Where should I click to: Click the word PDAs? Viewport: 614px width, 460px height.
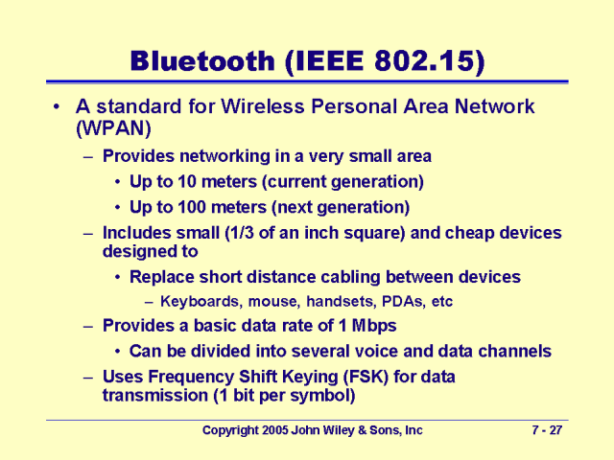(x=402, y=301)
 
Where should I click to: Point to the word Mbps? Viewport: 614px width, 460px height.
(x=375, y=325)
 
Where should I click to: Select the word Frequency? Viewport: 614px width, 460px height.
(x=193, y=377)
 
